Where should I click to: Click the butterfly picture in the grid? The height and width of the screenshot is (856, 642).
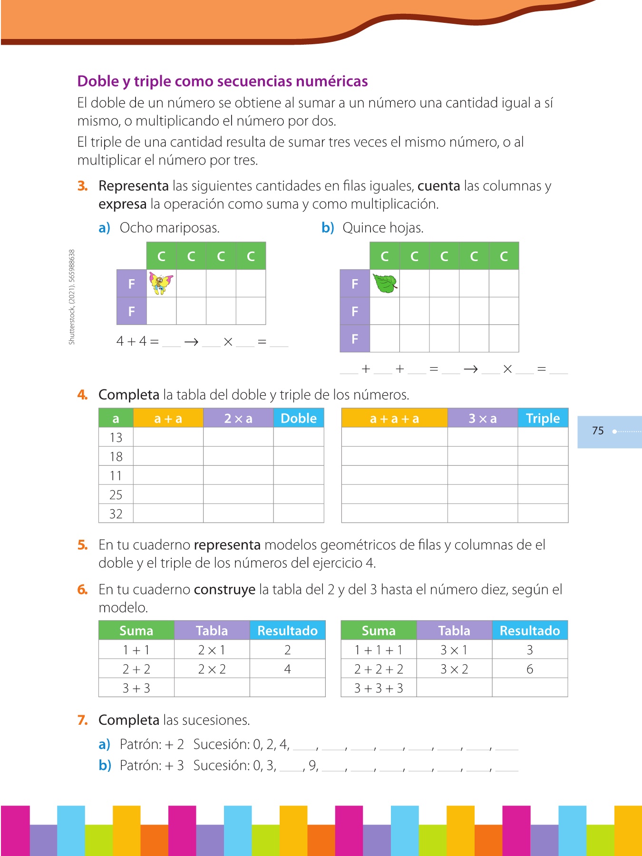(161, 283)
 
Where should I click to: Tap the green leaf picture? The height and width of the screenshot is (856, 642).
(385, 283)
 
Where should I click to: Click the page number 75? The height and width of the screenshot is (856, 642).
(598, 431)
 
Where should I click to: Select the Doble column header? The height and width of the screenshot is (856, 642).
(299, 418)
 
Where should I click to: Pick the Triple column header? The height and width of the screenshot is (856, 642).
(543, 418)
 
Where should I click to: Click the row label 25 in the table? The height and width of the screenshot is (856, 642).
(116, 495)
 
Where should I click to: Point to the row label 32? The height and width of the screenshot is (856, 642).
(116, 514)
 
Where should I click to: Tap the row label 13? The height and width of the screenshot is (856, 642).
(116, 438)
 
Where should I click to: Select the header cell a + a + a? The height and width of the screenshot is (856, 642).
(394, 418)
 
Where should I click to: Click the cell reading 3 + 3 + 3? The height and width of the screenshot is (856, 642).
(379, 688)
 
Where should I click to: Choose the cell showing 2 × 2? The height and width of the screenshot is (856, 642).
(212, 669)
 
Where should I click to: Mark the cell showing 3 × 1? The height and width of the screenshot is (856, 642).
(454, 650)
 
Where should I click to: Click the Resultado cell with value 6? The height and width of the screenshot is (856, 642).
(530, 669)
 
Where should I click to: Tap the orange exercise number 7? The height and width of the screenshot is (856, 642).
(83, 720)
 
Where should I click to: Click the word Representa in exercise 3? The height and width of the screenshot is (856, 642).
(134, 186)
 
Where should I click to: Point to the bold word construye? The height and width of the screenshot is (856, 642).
(224, 590)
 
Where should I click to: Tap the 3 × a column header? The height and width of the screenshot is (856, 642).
(482, 418)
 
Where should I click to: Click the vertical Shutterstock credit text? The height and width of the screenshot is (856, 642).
(72, 297)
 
